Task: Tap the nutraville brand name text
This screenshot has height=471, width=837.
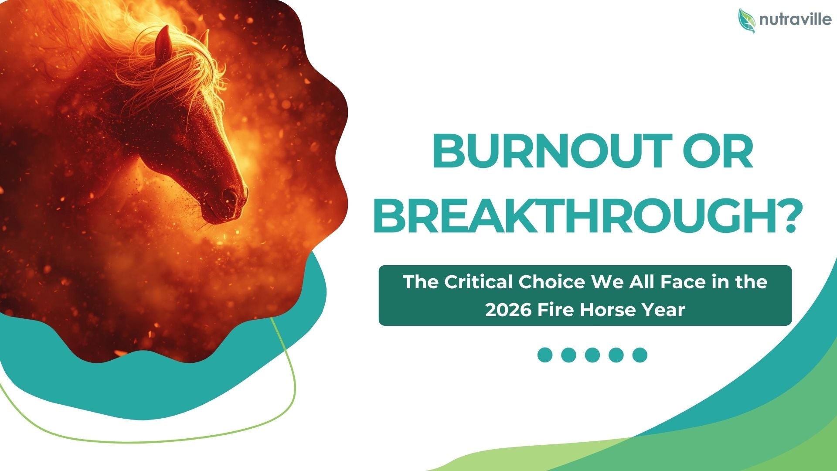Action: [x=795, y=20]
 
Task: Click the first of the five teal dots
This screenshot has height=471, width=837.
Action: [x=545, y=355]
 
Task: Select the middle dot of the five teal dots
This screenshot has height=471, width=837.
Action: [x=592, y=355]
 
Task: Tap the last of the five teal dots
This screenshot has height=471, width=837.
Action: [x=640, y=355]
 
